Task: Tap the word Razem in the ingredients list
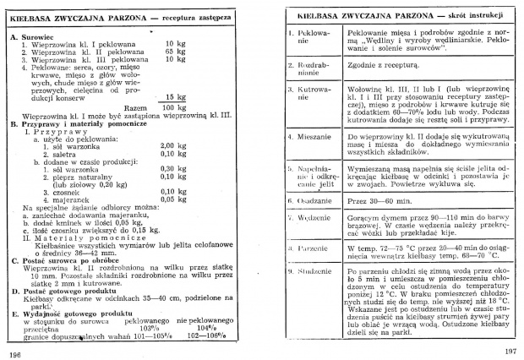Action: click(136, 107)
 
